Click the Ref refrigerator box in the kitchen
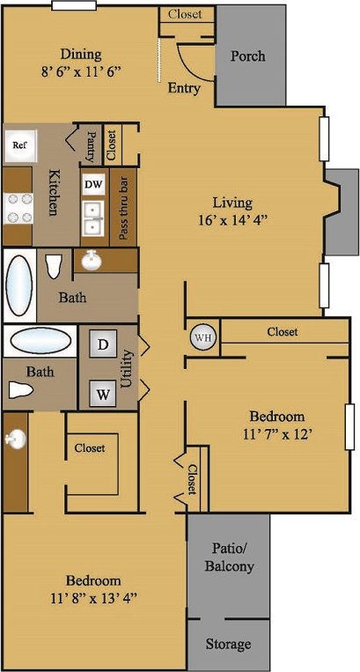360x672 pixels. [19, 145]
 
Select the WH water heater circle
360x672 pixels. [202, 337]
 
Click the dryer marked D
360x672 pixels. [102, 345]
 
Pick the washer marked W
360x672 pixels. [103, 394]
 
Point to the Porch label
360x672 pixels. [247, 56]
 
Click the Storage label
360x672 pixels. [228, 645]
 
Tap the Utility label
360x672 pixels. [126, 369]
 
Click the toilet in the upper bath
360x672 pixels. [53, 266]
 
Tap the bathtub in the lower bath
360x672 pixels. [38, 341]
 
